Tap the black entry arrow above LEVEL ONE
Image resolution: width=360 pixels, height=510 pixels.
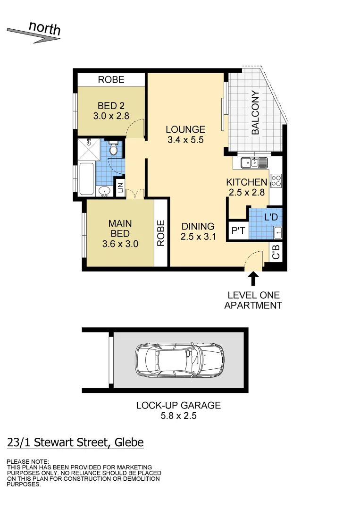[x=253, y=279]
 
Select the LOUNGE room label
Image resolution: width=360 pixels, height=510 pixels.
[x=186, y=129]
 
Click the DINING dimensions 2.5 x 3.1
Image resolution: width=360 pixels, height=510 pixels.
[x=198, y=237]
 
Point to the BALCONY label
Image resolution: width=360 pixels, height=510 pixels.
[x=255, y=113]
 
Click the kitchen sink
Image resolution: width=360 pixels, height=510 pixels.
[x=254, y=163]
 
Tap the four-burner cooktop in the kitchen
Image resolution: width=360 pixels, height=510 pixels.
[x=276, y=180]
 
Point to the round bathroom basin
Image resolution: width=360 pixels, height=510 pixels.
[x=104, y=192]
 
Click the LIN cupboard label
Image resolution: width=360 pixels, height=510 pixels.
[x=120, y=188]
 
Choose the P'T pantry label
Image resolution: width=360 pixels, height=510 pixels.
[x=238, y=231]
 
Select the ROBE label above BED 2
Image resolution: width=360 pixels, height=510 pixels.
[x=111, y=80]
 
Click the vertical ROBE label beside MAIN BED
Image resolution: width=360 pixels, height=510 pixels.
[x=161, y=233]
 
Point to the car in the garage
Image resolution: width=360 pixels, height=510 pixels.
[x=179, y=360]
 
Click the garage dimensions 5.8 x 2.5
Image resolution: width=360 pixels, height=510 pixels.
[x=178, y=416]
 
